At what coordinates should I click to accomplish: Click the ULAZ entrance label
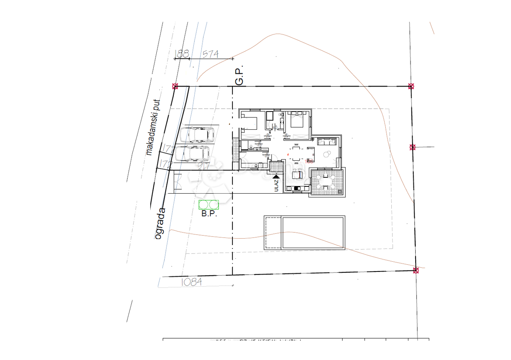(276, 186)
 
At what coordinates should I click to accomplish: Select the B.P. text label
(209, 214)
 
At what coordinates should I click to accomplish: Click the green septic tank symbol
(209, 205)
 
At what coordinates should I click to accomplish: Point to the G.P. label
(239, 75)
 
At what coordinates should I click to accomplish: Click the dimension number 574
(210, 54)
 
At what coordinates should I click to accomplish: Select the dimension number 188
(182, 54)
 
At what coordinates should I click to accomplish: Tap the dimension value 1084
(191, 282)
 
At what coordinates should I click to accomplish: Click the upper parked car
(197, 134)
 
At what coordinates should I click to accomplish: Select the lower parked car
(192, 153)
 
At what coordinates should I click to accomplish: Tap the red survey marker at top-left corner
(175, 86)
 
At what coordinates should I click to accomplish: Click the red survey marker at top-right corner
(411, 86)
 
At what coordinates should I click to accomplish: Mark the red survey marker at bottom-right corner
(416, 270)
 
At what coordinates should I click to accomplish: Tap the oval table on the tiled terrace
(326, 183)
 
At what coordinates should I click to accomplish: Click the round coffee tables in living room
(328, 153)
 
